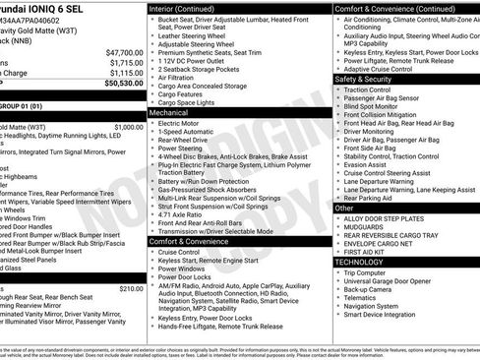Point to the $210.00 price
130,288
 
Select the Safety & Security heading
364,79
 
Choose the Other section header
344,209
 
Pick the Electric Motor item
180,125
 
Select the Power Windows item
185,269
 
